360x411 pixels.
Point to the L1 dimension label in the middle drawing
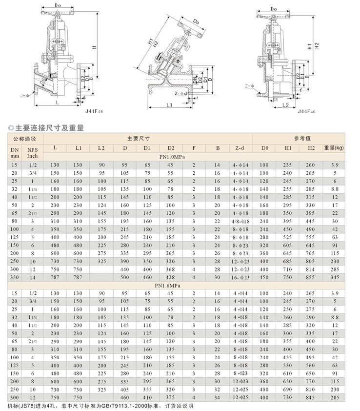(x=170, y=104)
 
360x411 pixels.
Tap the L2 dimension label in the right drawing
(x=286, y=104)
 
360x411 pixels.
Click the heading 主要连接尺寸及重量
(x=49, y=128)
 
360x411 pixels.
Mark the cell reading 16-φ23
(x=240, y=276)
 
